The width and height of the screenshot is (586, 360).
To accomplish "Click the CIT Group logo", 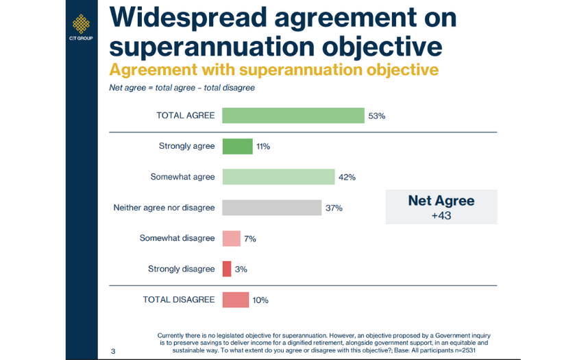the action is (x=81, y=27).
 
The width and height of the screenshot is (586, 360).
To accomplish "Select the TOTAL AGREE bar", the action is (x=293, y=115).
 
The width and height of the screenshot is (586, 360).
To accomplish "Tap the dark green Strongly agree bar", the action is (x=237, y=146).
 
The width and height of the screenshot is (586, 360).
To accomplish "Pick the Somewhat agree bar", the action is (x=278, y=177).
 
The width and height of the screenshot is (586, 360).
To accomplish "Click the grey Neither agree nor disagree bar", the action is (x=271, y=208).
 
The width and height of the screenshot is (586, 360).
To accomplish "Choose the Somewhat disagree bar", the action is (x=232, y=239).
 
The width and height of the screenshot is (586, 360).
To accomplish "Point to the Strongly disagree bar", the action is (x=227, y=269).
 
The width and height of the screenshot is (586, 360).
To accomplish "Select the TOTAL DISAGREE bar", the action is (x=236, y=300).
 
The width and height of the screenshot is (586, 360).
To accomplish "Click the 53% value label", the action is (x=377, y=116).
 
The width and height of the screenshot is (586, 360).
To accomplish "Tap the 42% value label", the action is (x=347, y=177).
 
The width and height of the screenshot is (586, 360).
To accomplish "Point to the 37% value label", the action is (x=334, y=208).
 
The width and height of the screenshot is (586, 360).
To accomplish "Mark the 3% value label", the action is (x=241, y=269).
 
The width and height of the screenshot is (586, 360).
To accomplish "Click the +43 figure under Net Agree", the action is (x=441, y=216).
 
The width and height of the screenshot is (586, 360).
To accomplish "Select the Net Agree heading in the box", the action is (x=441, y=201).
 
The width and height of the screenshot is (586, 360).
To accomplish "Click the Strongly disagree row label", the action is (x=181, y=269).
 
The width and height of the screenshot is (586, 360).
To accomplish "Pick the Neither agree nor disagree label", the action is (x=164, y=208).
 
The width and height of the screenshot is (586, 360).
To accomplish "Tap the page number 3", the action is (x=113, y=351).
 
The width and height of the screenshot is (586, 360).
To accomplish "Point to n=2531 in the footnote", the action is (x=465, y=350).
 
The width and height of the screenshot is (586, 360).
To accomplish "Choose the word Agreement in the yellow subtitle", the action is (x=153, y=70).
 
